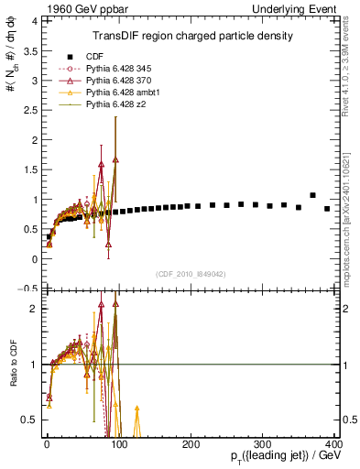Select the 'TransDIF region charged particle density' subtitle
(192, 36)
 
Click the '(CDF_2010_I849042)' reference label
(191, 273)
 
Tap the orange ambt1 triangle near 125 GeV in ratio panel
(136, 409)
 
